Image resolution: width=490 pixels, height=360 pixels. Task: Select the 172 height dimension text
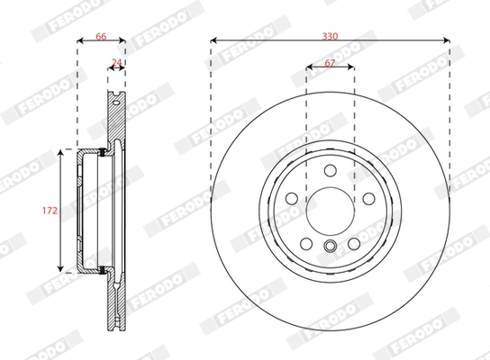[50, 211]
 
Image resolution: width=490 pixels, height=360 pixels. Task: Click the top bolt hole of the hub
[330, 171]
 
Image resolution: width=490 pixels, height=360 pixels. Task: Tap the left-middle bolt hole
[292, 199]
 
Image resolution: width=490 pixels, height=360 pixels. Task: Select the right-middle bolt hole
[367, 199]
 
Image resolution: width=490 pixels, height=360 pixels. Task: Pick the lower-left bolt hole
[306, 243]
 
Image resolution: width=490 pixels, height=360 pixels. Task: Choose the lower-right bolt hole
[353, 243]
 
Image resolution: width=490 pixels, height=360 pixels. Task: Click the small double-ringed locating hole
[330, 249]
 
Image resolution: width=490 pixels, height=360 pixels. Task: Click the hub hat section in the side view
[88, 211]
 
